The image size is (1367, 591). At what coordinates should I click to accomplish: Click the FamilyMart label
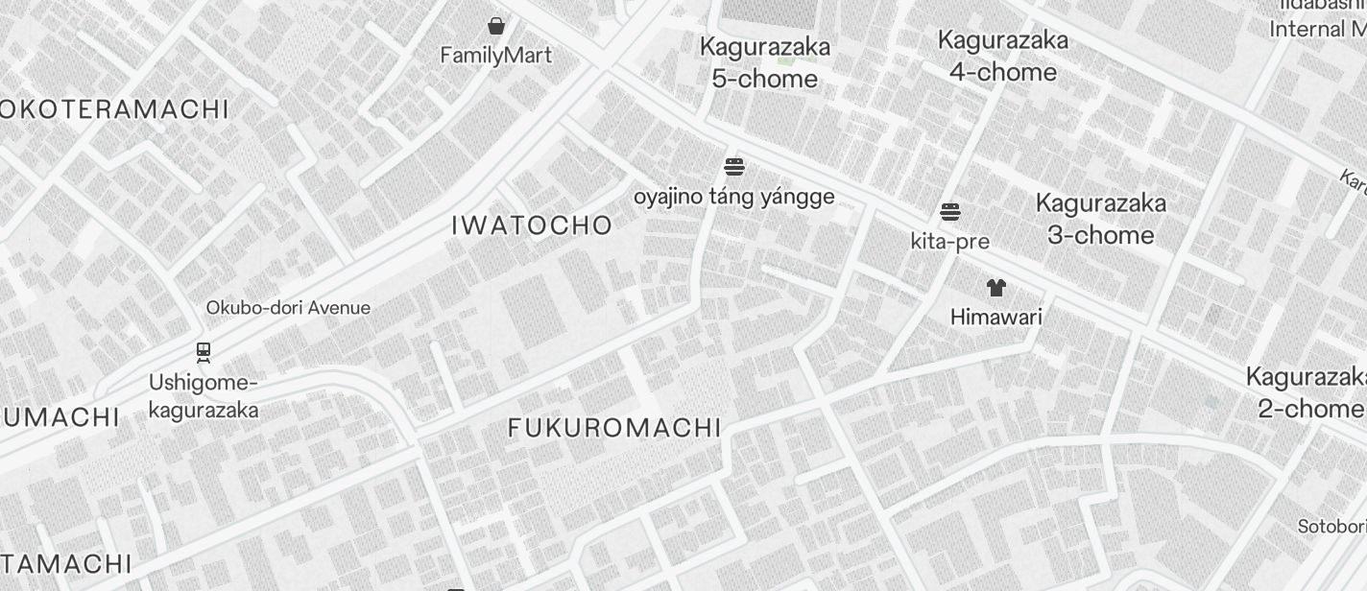[496, 56]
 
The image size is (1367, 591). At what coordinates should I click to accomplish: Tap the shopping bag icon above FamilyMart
[496, 26]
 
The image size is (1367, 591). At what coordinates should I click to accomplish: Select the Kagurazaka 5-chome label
[765, 62]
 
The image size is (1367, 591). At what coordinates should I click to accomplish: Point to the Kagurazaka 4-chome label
[1003, 56]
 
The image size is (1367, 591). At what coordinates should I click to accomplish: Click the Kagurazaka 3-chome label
[1101, 219]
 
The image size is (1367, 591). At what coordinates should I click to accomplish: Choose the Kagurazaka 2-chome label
[1307, 391]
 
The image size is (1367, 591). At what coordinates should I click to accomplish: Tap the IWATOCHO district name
[532, 225]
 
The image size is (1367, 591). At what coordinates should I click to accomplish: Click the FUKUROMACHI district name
[614, 428]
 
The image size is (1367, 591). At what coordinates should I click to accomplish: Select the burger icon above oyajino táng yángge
[734, 168]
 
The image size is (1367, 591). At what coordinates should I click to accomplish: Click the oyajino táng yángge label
[734, 198]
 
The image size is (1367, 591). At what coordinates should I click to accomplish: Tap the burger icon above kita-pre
[950, 212]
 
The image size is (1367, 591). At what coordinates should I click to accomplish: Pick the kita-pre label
[950, 242]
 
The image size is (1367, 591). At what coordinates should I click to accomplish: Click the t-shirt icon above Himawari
[995, 287]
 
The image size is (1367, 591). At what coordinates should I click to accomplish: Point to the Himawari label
[995, 317]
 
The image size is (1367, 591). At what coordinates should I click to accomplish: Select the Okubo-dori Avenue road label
[288, 308]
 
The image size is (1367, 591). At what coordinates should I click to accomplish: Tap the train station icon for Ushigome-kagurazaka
[204, 353]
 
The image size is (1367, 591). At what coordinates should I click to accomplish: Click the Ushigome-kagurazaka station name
[204, 396]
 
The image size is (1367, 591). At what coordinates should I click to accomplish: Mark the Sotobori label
[1331, 527]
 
